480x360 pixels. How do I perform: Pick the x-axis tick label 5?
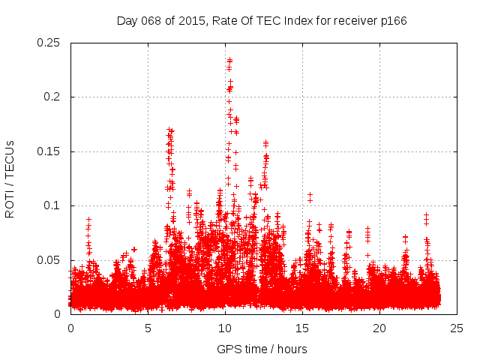[148, 328]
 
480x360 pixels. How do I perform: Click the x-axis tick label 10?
[225, 328]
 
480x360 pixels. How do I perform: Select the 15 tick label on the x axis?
[302, 328]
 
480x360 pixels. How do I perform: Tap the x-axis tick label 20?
[379, 328]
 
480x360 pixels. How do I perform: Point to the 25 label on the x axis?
[457, 328]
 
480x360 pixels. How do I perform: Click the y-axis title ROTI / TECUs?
[10, 178]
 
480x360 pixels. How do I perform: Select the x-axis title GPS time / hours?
[262, 349]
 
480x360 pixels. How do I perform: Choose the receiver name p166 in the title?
[392, 20]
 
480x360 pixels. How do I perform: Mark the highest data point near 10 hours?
[229, 60]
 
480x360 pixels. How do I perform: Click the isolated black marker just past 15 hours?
[310, 194]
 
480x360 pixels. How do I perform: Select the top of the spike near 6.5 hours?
[170, 130]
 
